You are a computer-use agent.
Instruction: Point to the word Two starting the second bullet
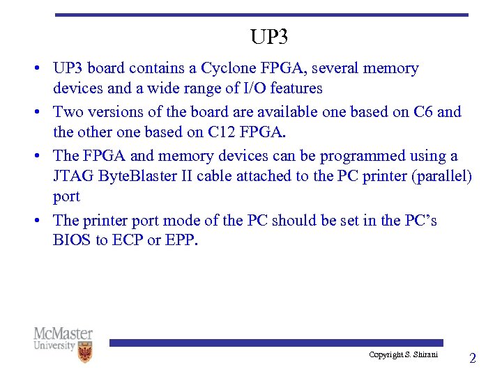click(x=67, y=111)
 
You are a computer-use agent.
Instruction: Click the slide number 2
click(x=472, y=359)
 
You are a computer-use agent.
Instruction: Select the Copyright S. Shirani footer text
click(x=404, y=354)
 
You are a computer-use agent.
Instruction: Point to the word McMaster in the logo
click(x=63, y=334)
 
